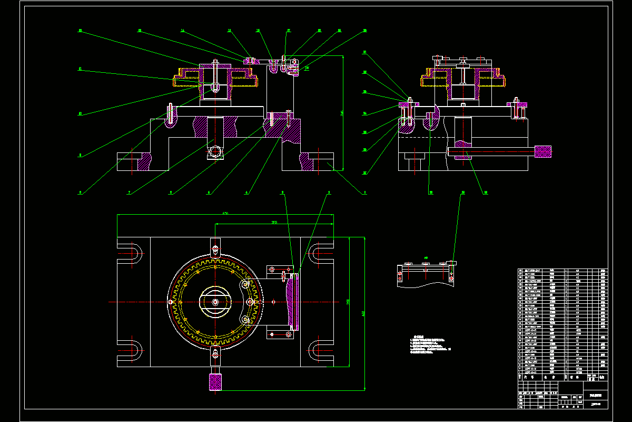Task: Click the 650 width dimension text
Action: (225, 213)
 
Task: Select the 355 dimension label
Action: (274, 222)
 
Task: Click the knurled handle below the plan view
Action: (215, 382)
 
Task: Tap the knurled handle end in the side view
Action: (543, 152)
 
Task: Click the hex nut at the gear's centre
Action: (215, 302)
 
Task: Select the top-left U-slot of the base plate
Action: (132, 253)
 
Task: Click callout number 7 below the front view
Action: (129, 193)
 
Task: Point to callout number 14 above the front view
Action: (182, 31)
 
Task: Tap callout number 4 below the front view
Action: (246, 193)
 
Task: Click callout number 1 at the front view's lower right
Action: (364, 193)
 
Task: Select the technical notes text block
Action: (429, 346)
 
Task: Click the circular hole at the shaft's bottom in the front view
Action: (215, 151)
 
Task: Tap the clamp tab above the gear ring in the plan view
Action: (215, 247)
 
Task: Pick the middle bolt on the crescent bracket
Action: (250, 302)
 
